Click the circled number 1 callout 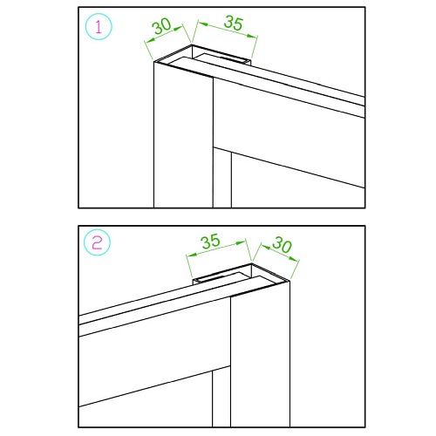pos(99,27)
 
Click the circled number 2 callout pos(97,242)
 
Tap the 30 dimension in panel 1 pos(162,26)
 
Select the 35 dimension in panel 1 pos(233,23)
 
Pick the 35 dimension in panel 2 pos(210,241)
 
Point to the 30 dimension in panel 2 pos(282,244)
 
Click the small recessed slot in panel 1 pos(221,59)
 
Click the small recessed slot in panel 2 pos(221,277)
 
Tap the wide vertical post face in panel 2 pos(260,359)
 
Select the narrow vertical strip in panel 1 pos(222,178)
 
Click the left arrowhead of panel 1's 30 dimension pos(149,42)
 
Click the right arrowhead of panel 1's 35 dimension pos(251,36)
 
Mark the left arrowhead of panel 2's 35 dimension pos(191,255)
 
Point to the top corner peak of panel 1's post pos(192,44)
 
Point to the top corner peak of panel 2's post pos(252,263)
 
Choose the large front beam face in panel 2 pos(154,351)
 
